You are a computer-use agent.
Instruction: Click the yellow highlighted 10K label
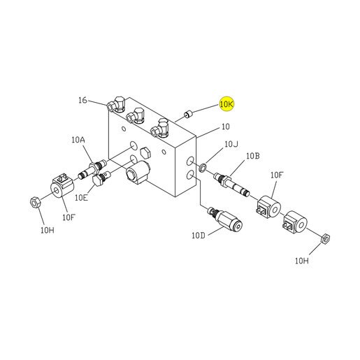(226, 104)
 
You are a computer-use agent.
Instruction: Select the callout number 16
(82, 100)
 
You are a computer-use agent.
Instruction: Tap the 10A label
(78, 140)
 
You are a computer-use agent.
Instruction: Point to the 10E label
(81, 198)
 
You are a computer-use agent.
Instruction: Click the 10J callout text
(231, 144)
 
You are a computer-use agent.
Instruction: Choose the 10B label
(253, 156)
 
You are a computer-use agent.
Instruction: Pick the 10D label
(199, 236)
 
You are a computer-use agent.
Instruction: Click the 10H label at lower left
(48, 231)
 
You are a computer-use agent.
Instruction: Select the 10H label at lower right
(302, 261)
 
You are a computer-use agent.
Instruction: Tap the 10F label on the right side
(277, 175)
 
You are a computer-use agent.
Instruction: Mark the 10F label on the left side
(69, 217)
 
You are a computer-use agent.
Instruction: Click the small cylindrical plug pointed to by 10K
(187, 115)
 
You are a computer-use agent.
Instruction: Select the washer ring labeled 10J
(203, 167)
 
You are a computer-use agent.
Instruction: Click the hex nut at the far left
(36, 202)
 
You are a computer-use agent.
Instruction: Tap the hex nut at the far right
(325, 238)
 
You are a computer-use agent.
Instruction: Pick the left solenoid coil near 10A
(62, 186)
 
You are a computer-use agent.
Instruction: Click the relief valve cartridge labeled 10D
(226, 219)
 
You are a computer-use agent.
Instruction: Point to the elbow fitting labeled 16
(116, 104)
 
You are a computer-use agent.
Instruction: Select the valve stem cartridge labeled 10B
(231, 185)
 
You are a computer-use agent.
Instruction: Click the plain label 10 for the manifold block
(225, 127)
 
